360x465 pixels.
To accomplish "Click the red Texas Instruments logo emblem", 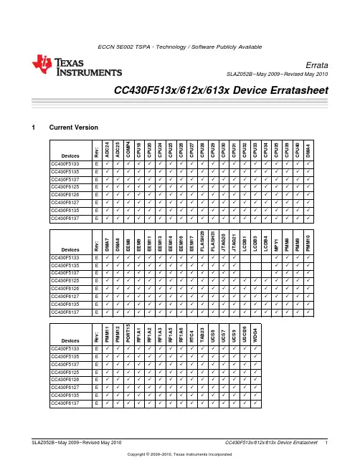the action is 42,64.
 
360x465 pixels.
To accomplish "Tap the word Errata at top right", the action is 317,65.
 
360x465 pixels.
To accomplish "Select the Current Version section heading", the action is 74,128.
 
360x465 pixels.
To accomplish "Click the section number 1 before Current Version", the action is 33,128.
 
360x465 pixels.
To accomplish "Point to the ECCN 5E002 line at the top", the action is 180,47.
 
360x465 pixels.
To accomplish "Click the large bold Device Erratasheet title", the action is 221,90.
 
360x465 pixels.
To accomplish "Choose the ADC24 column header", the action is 107,150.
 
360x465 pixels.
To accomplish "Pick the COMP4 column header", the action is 128,150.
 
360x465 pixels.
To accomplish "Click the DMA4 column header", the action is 308,150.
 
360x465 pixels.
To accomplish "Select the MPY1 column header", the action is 276,244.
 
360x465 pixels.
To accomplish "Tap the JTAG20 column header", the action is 224,243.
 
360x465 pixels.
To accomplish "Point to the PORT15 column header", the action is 128,333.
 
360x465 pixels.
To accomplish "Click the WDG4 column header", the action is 255,335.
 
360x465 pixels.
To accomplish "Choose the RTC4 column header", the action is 191,336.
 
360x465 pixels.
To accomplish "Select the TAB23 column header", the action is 202,335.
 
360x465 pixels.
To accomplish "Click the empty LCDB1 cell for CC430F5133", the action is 245,258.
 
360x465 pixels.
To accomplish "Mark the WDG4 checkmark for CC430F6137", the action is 255,403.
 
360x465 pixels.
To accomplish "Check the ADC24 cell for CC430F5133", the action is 108,163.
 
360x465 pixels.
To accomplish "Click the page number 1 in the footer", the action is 326,443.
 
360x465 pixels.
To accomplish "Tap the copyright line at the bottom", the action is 179,454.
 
